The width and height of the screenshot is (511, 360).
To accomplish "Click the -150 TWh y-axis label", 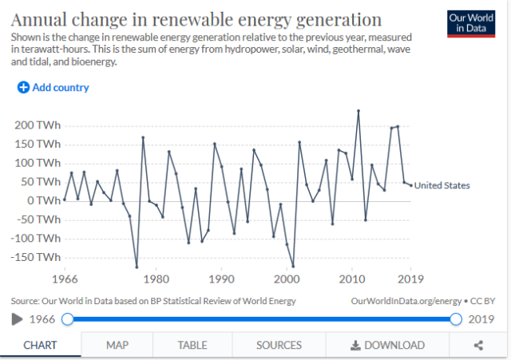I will tap(36, 257).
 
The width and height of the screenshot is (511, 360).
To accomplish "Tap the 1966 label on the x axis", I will tap(65, 279).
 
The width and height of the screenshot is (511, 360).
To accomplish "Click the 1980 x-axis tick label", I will tap(156, 279).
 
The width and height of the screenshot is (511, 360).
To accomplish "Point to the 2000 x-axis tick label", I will tap(287, 279).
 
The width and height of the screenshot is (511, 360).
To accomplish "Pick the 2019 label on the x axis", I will tap(410, 279).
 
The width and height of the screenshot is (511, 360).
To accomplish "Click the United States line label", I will tap(442, 185).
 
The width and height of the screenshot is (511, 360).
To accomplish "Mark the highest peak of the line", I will tap(358, 110).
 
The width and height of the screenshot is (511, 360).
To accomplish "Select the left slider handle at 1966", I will tap(68, 319).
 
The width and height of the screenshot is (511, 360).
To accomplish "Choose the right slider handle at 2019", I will tap(456, 319).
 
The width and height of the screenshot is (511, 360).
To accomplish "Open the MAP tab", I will tap(117, 345).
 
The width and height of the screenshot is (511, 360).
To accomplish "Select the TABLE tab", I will tap(192, 345).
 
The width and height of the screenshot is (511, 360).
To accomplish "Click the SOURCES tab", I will tap(279, 345).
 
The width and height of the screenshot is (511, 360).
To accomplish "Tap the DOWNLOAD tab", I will tap(387, 345).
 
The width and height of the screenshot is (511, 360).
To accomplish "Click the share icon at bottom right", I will tap(479, 345).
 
